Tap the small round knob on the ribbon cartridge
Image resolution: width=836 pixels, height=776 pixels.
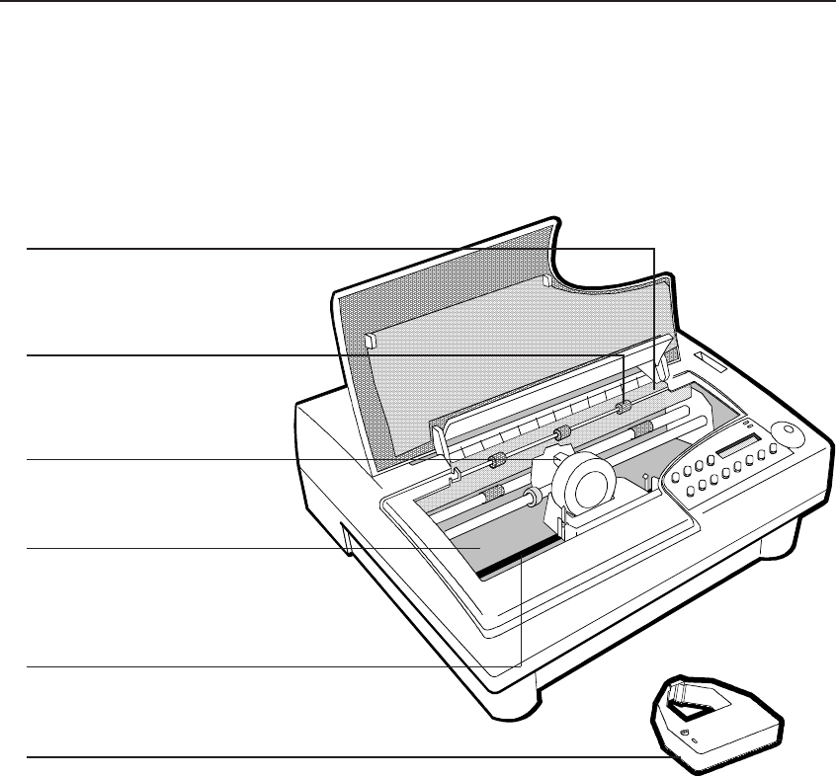click(x=683, y=733)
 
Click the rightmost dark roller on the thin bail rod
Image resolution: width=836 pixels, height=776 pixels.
click(x=623, y=408)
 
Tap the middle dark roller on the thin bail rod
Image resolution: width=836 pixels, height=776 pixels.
click(x=562, y=433)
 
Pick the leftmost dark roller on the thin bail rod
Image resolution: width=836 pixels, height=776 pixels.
click(x=497, y=460)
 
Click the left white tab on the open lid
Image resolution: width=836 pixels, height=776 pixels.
click(x=370, y=341)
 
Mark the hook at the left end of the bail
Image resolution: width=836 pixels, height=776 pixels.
click(x=452, y=476)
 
